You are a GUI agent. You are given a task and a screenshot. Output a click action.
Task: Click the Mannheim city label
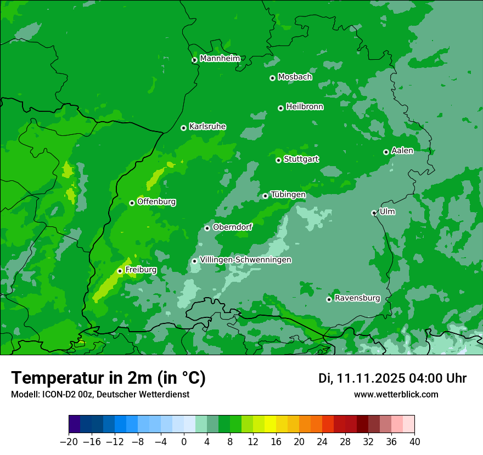(x=220, y=59)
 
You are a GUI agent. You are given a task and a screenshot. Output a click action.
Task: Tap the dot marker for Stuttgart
(x=278, y=160)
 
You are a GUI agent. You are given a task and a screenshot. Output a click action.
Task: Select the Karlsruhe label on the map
(x=207, y=127)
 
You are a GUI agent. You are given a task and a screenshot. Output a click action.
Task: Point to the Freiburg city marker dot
(x=120, y=271)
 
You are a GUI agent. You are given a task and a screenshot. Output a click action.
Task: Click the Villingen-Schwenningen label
(x=245, y=260)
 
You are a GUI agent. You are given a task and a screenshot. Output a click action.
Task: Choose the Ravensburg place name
(x=357, y=298)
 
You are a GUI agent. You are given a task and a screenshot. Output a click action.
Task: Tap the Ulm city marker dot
(x=374, y=213)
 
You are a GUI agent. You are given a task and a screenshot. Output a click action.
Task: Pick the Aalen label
(x=402, y=151)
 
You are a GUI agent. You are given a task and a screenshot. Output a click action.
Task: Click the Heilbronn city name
(x=305, y=107)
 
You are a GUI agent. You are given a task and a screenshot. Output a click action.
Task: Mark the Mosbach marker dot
(x=272, y=78)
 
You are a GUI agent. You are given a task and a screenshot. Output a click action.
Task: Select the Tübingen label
(x=288, y=195)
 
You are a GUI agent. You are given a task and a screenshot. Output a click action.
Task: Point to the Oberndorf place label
(x=232, y=227)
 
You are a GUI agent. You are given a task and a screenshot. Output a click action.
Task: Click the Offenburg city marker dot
(x=132, y=203)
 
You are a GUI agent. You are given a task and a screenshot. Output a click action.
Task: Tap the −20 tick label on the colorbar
(x=69, y=442)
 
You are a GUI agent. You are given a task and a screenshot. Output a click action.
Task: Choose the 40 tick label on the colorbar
(x=414, y=442)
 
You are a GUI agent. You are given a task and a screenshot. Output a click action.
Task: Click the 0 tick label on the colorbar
(x=184, y=442)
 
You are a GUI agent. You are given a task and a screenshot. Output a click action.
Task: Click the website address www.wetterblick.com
(x=396, y=394)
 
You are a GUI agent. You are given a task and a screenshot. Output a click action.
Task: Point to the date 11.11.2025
(x=370, y=378)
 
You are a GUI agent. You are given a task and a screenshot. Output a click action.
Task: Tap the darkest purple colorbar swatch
(x=75, y=424)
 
